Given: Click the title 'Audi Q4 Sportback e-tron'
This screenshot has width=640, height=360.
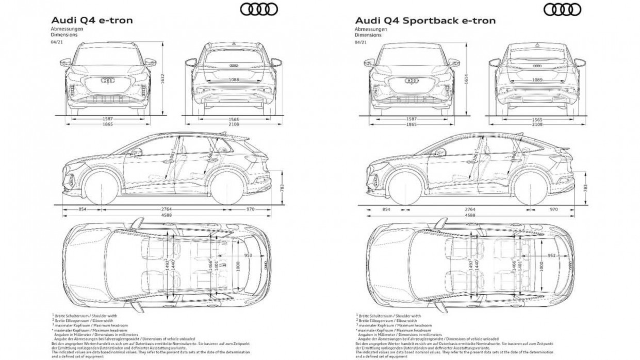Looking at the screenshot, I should click(425, 21).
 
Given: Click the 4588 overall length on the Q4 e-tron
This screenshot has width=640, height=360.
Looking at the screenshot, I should click(167, 215).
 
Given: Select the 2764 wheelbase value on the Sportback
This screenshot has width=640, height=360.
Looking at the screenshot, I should click(470, 209).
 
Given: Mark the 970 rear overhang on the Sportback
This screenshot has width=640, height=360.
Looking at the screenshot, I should click(554, 209).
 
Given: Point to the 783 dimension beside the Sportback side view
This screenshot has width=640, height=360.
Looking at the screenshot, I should click(585, 189).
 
